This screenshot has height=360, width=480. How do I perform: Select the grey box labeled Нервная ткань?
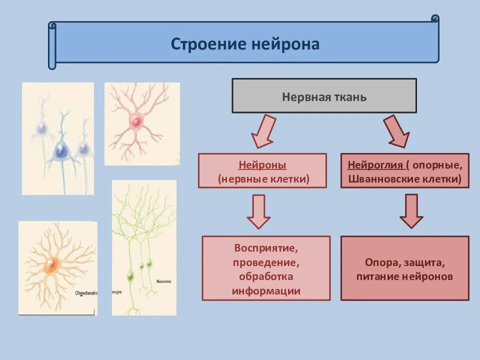(x=324, y=95)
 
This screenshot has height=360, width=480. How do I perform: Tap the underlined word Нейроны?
(x=262, y=165)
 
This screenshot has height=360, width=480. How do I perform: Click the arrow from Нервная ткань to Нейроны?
(x=262, y=131)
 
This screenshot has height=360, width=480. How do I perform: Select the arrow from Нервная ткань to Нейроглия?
(x=397, y=131)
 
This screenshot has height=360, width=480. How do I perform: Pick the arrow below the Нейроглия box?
(x=411, y=211)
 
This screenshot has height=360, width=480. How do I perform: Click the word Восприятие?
(x=266, y=248)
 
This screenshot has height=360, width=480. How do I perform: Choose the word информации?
(x=266, y=290)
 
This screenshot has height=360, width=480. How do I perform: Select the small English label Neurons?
(x=163, y=281)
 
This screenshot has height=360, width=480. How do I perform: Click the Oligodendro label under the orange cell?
(x=86, y=293)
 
